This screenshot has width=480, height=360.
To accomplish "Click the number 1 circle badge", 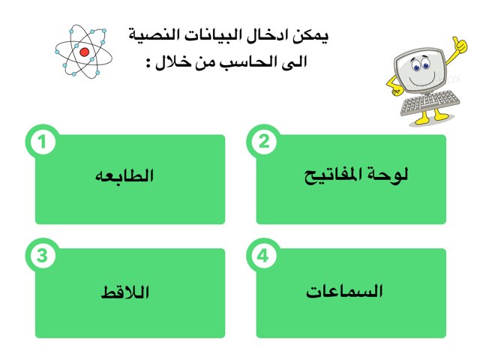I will click(x=46, y=142).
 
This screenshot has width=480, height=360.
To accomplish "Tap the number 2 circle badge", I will click(x=263, y=142).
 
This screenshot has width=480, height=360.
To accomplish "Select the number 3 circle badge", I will click(x=43, y=256).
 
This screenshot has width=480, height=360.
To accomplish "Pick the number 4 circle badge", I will click(x=262, y=256).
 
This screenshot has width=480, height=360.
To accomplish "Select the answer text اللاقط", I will click(x=125, y=291).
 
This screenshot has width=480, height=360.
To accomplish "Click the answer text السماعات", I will click(x=344, y=291).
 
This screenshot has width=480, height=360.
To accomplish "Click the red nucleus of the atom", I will click(x=84, y=52).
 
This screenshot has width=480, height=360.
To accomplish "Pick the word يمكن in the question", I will click(x=313, y=34).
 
